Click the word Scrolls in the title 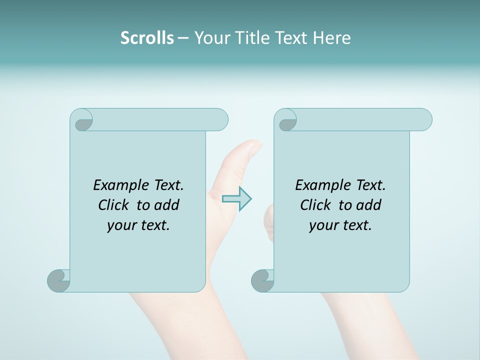coord(147,38)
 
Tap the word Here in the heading coord(331,38)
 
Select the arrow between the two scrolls coord(237,198)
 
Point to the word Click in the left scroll coord(115,205)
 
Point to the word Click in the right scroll coord(317,205)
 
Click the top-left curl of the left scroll coord(81,120)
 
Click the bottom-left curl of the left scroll coord(58,280)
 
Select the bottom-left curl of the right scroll coord(262,280)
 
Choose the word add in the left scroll coord(167,205)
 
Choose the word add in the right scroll coord(369,205)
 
